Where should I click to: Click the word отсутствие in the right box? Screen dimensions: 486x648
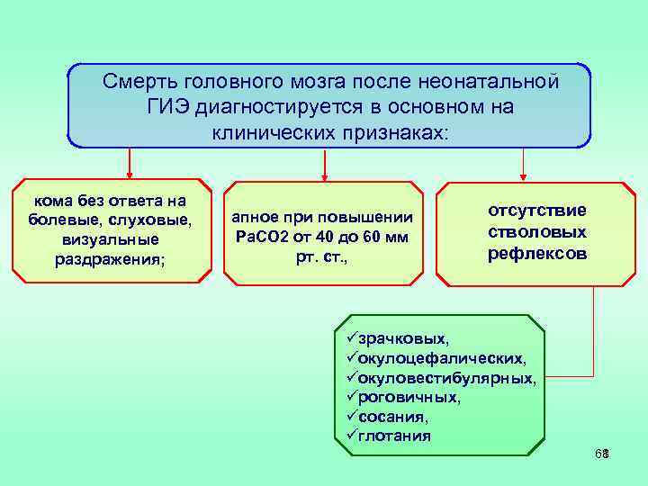[x=537, y=210]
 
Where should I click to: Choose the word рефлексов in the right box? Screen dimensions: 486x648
[x=537, y=254]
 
